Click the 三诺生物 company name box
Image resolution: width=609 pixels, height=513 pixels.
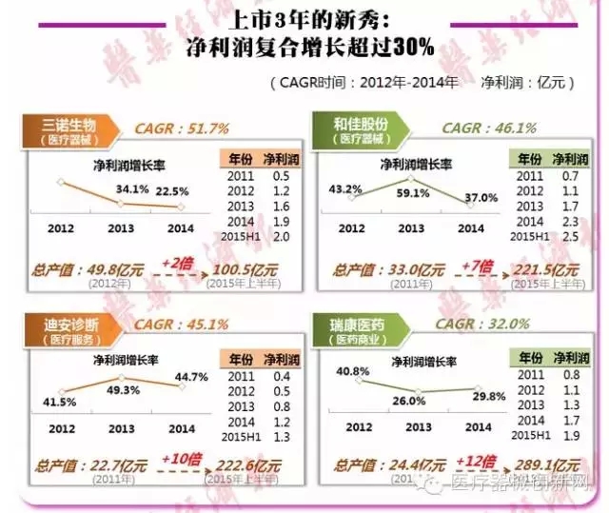coord(69,129)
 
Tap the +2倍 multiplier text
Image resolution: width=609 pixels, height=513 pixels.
coord(178,261)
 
